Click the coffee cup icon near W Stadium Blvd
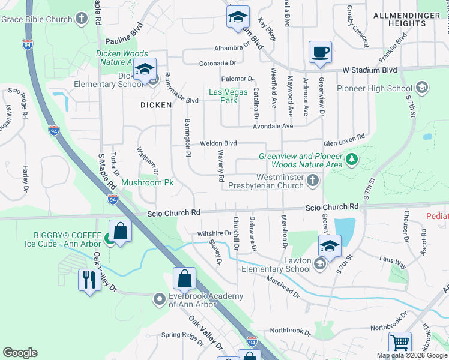pyautogui.click(x=320, y=52)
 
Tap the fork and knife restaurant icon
pyautogui.click(x=89, y=280)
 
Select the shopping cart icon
pyautogui.click(x=400, y=343)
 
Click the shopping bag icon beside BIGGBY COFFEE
pyautogui.click(x=121, y=232)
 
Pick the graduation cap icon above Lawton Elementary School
pyautogui.click(x=330, y=245)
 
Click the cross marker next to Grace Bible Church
pyautogui.click(x=82, y=19)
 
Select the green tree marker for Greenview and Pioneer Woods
pyautogui.click(x=351, y=160)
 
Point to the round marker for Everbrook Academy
pyautogui.click(x=159, y=298)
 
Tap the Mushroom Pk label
pyautogui.click(x=147, y=182)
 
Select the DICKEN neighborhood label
pyautogui.click(x=156, y=104)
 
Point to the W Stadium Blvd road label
pyautogui.click(x=370, y=70)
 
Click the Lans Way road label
pyautogui.click(x=393, y=258)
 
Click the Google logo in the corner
pyautogui.click(x=20, y=353)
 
